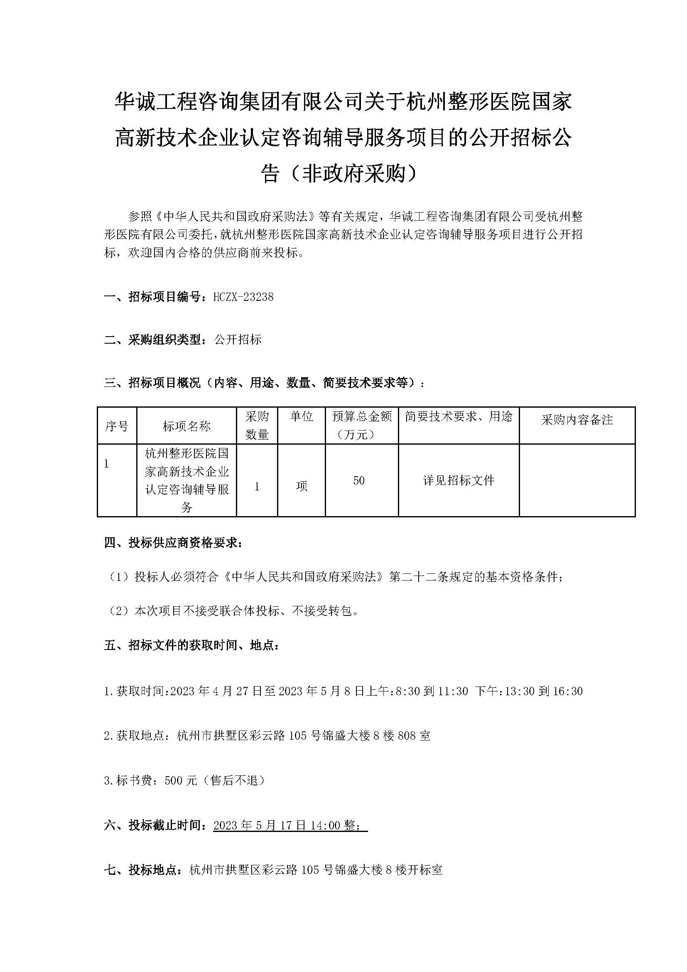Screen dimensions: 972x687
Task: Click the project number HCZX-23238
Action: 243,297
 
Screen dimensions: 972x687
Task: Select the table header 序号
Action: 117,426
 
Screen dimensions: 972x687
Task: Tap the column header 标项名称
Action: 186,426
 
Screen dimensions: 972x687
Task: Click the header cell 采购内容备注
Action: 577,420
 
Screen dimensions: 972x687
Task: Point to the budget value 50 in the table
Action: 359,480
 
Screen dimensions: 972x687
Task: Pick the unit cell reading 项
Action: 302,487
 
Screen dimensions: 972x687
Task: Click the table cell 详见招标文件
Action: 459,480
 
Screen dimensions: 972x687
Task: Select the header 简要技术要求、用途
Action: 459,417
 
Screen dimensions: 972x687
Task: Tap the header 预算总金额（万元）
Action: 362,426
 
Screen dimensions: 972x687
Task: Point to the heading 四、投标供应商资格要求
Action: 173,543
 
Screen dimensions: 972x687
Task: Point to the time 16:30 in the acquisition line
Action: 568,691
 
